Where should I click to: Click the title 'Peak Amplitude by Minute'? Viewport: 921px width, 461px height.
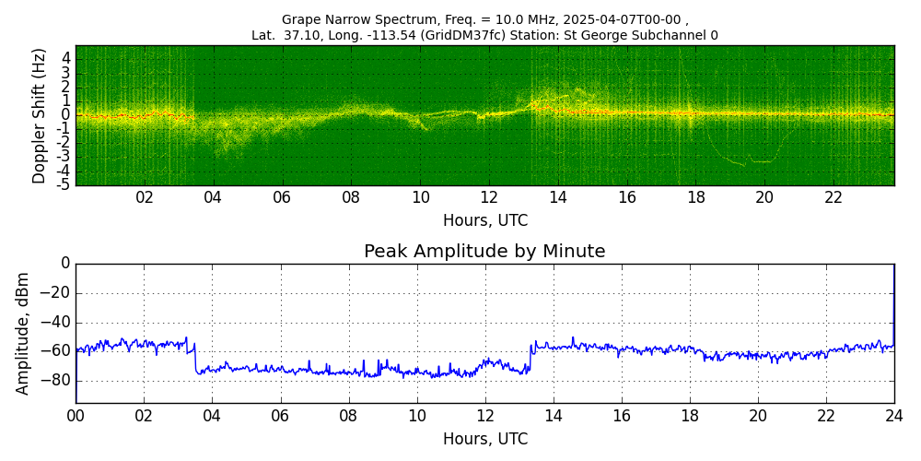coord(484,252)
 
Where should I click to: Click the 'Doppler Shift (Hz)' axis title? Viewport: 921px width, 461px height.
coord(39,116)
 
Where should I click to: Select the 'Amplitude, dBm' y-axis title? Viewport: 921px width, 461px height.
coord(22,334)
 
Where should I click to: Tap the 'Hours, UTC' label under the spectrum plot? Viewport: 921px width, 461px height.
coord(485,221)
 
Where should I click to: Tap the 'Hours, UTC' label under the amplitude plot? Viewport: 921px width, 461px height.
coord(485,439)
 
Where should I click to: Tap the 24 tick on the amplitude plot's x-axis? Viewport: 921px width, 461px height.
coord(894,416)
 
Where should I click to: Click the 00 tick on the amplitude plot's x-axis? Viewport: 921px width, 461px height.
coord(76,416)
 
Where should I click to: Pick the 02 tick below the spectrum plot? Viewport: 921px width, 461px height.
coord(145,198)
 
